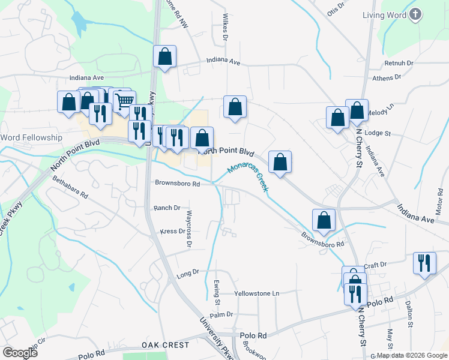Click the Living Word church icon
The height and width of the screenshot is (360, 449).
[x=415, y=14]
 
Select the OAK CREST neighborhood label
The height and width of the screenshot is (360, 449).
[x=166, y=345]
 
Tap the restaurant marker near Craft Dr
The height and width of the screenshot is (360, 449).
[x=424, y=262]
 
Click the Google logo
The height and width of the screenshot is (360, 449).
[x=20, y=352]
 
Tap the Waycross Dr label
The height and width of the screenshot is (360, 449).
[x=188, y=229]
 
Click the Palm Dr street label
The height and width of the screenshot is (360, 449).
[x=221, y=314]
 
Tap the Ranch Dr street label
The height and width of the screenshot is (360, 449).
[x=167, y=208]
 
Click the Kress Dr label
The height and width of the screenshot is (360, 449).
[x=172, y=231]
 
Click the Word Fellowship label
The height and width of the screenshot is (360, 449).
[x=31, y=137]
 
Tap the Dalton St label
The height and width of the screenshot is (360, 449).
[x=410, y=314]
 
